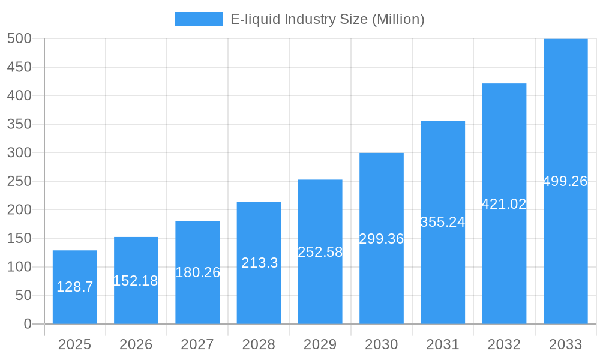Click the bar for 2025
pyautogui.click(x=75, y=287)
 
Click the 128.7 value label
pyautogui.click(x=75, y=287)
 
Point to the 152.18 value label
pyautogui.click(x=136, y=281)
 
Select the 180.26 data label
pyautogui.click(x=197, y=272)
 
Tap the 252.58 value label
pyautogui.click(x=320, y=252)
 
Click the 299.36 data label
pyautogui.click(x=382, y=239)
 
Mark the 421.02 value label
pyautogui.click(x=504, y=204)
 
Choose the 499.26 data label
pyautogui.click(x=565, y=181)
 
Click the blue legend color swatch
pyautogui.click(x=199, y=19)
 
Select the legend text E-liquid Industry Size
pyautogui.click(x=328, y=19)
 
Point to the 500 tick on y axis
pyautogui.click(x=19, y=38)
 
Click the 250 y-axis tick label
pyautogui.click(x=19, y=181)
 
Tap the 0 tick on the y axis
pyautogui.click(x=28, y=324)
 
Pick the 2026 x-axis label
pyautogui.click(x=136, y=344)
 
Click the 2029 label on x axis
pyautogui.click(x=320, y=344)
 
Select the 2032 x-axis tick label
pyautogui.click(x=504, y=344)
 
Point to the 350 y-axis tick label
pyautogui.click(x=19, y=124)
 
